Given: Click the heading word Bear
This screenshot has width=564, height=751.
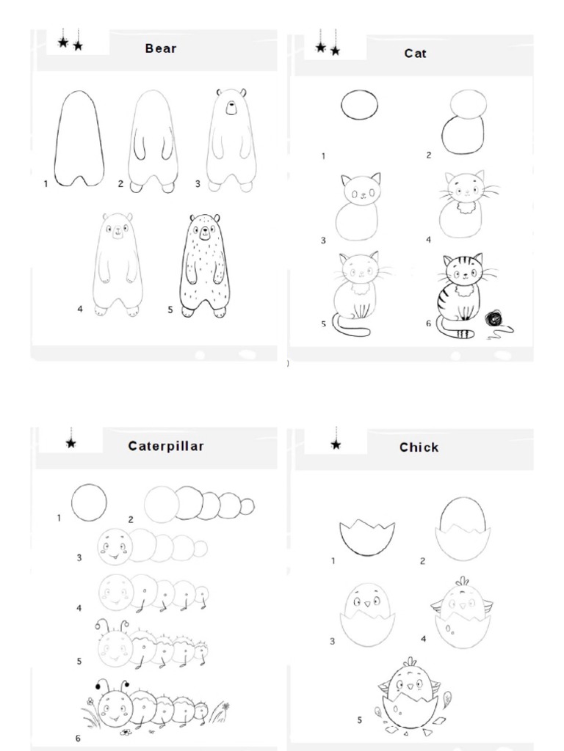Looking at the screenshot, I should (x=161, y=48).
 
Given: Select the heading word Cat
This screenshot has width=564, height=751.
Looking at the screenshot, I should (x=415, y=54).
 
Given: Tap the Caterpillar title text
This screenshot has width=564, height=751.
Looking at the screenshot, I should (x=166, y=446).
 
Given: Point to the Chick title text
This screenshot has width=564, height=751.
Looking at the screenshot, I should (x=419, y=447).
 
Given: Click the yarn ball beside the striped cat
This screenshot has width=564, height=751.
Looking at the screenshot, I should (x=493, y=319).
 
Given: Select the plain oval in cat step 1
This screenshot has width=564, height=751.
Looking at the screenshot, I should (x=359, y=105).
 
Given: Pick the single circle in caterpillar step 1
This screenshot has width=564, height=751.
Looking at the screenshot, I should (x=89, y=503).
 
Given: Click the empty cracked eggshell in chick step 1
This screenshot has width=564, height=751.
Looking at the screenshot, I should (x=366, y=538).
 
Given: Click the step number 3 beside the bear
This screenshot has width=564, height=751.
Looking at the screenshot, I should (x=197, y=184).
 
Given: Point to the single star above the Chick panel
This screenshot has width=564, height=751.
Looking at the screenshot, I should (x=336, y=444).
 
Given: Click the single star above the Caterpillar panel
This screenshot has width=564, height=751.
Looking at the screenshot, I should (x=71, y=443).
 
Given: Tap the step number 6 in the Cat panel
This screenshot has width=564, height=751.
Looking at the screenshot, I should (x=429, y=324).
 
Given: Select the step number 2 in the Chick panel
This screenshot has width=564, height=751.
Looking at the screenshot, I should (x=422, y=562).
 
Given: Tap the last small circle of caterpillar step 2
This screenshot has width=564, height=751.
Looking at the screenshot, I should (x=247, y=506).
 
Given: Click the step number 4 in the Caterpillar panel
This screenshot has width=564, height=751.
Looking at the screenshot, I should (x=79, y=608).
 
